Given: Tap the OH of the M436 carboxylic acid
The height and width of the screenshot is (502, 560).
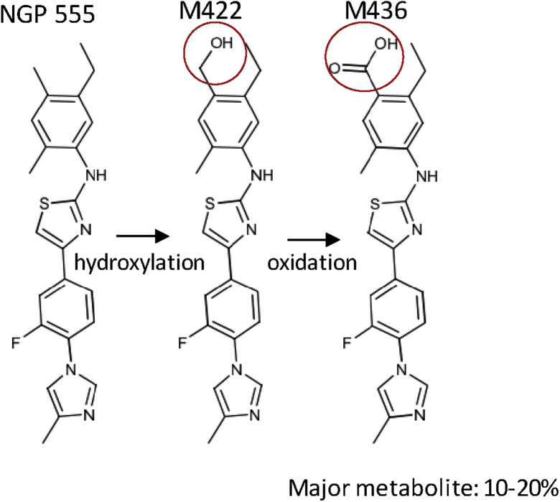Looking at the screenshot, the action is (x=386, y=45).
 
